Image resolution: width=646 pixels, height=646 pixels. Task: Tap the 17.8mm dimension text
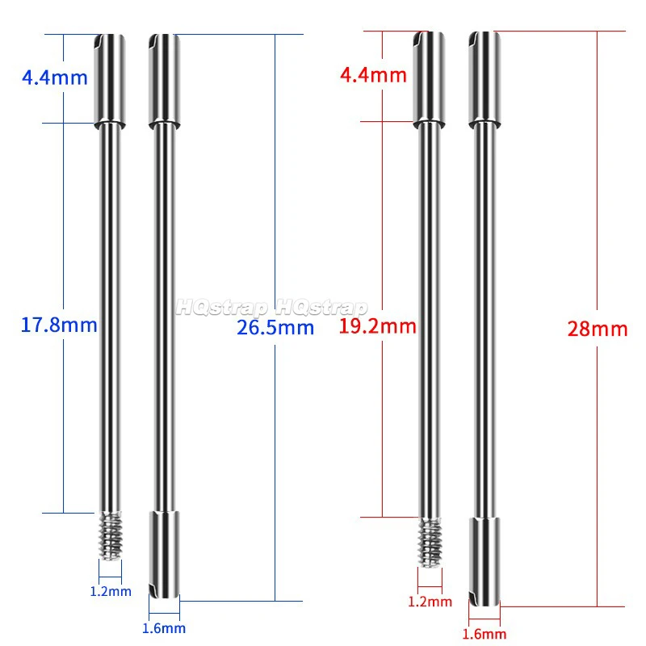[x=59, y=325]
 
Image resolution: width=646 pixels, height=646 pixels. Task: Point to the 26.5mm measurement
[x=275, y=327]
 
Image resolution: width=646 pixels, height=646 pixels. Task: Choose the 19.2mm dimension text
[x=378, y=326]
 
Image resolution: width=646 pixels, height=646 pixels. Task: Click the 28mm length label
[x=598, y=329]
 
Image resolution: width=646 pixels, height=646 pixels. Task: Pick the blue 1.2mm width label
[x=110, y=591]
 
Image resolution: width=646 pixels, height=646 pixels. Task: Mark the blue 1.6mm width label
[x=164, y=628]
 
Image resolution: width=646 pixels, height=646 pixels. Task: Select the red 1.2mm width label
[x=430, y=602]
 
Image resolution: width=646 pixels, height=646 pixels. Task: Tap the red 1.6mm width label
[x=484, y=635]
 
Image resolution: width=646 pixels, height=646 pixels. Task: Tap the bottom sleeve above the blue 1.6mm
[x=164, y=554]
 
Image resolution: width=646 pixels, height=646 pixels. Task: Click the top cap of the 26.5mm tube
[x=164, y=81]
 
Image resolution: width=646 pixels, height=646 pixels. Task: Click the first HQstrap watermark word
[x=223, y=308]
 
